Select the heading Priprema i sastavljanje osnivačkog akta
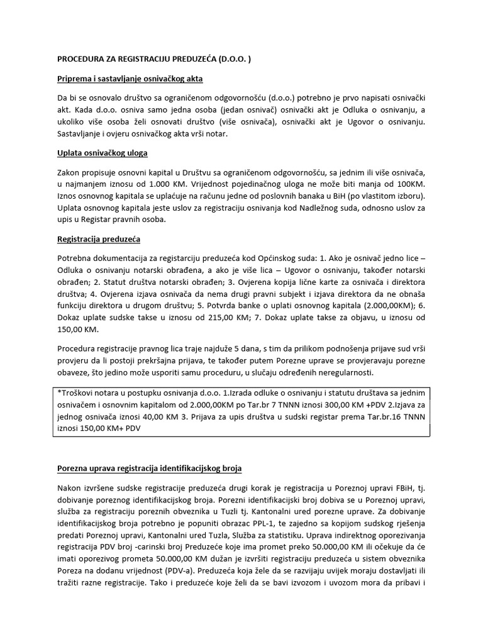pos(130,79)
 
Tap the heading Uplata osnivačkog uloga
pos(103,153)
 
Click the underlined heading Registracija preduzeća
pos(99,239)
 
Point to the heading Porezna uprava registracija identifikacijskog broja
pos(149,469)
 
